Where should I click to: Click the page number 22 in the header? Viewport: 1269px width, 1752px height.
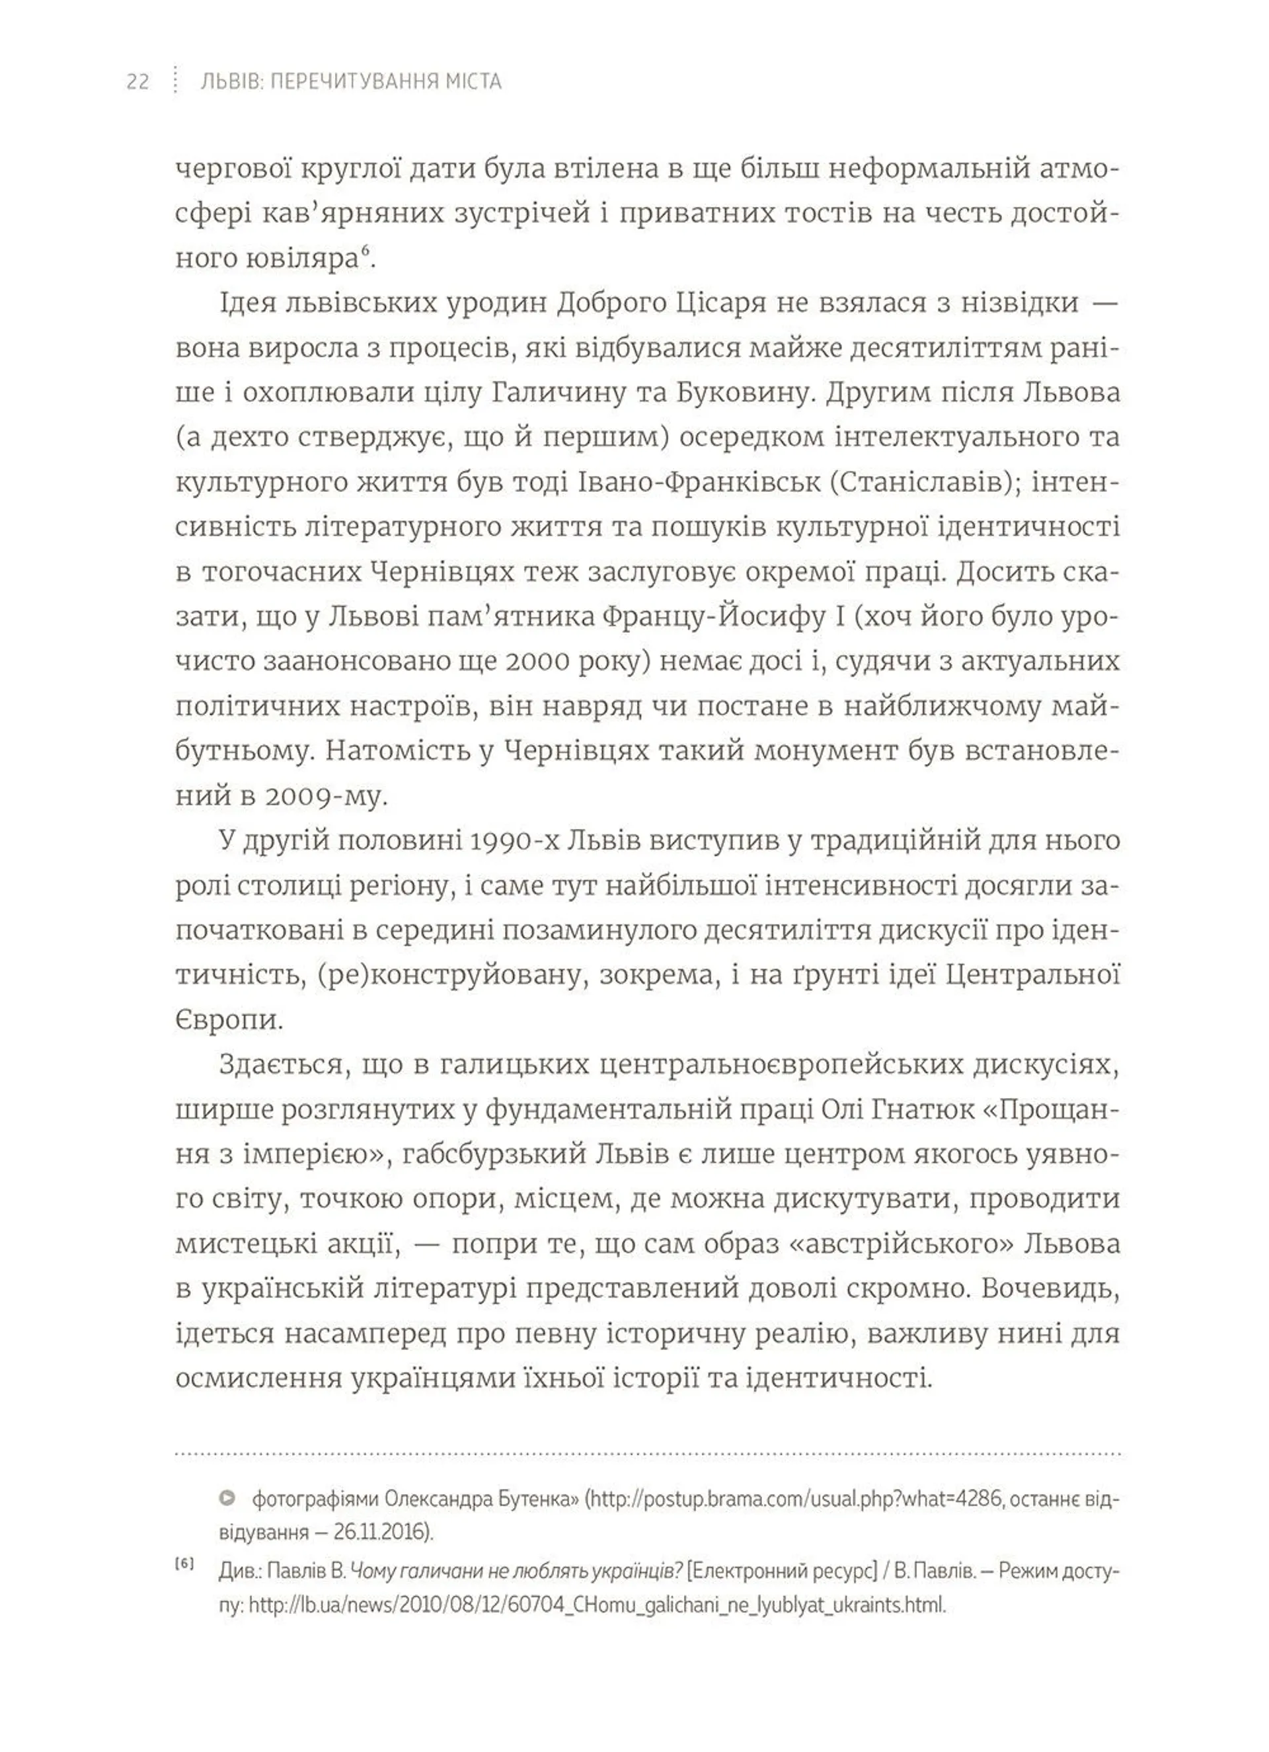[x=137, y=81]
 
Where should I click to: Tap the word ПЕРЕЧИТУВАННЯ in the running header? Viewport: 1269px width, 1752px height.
[x=347, y=81]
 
